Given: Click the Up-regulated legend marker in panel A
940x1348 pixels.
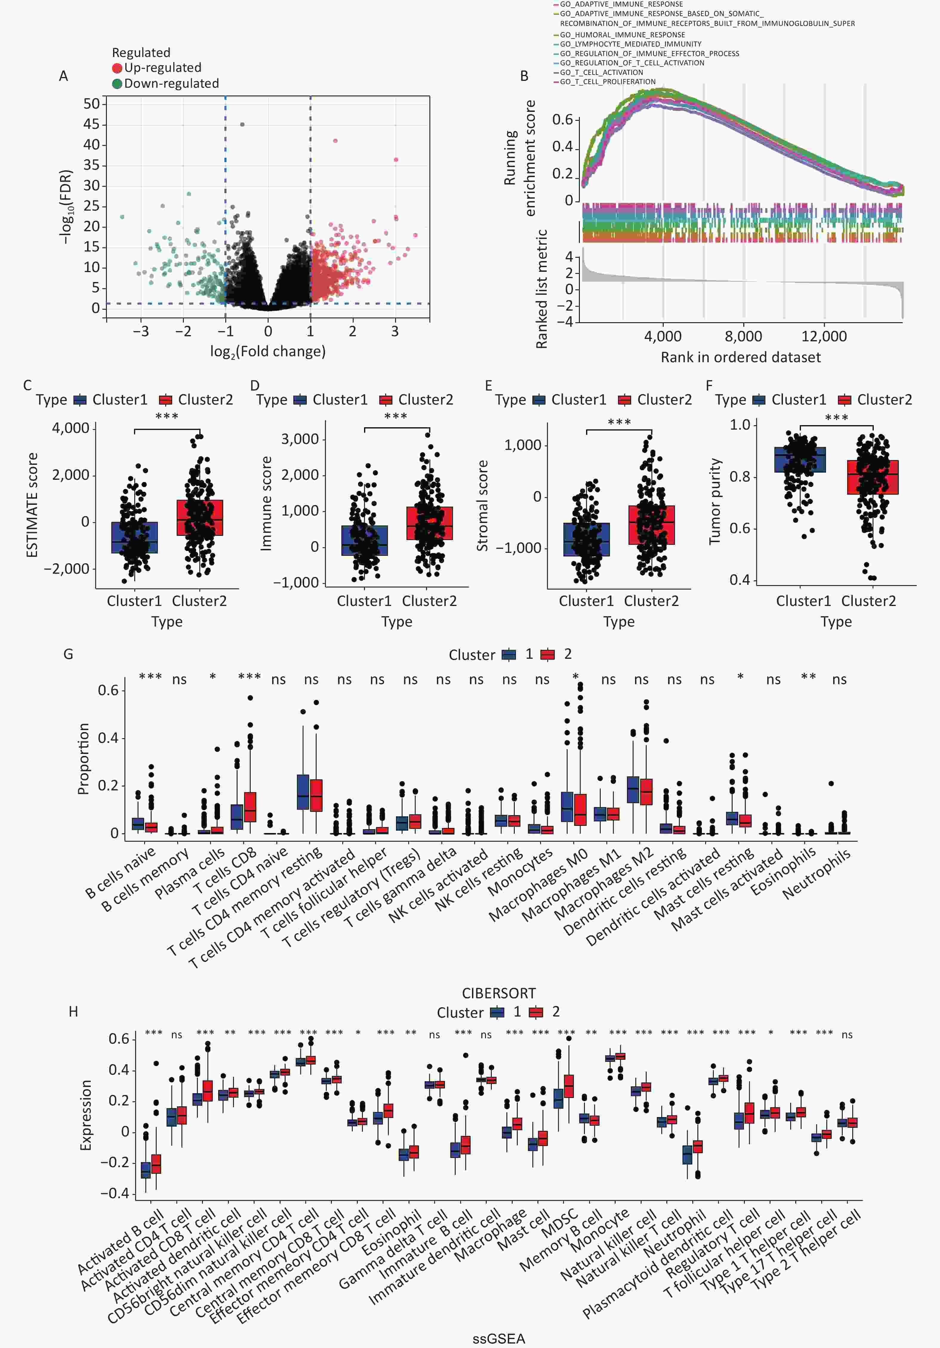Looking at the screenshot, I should [117, 68].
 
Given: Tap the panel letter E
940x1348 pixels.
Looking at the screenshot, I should [489, 385].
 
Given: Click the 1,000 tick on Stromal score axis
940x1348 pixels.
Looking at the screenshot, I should [523, 445].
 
